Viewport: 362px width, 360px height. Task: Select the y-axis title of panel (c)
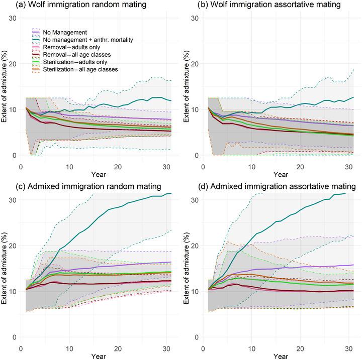4,261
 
